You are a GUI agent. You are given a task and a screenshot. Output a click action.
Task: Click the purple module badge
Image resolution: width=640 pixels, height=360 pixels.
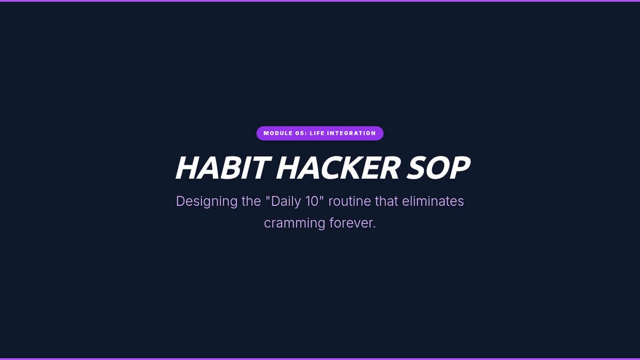(x=319, y=133)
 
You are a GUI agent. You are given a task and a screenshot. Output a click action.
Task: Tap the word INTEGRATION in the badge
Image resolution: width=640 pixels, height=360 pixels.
(x=351, y=133)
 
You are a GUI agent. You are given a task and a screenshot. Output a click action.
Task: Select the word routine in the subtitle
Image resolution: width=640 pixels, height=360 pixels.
(x=350, y=201)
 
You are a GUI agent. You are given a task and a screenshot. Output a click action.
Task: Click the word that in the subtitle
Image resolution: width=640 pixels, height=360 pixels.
(x=386, y=201)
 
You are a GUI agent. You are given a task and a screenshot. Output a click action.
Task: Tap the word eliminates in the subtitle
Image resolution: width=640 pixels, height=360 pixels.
(x=433, y=201)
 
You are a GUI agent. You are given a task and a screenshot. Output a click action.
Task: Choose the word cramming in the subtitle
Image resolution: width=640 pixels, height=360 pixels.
(x=294, y=223)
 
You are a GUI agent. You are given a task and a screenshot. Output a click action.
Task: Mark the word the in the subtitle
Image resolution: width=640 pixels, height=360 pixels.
(x=251, y=201)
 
